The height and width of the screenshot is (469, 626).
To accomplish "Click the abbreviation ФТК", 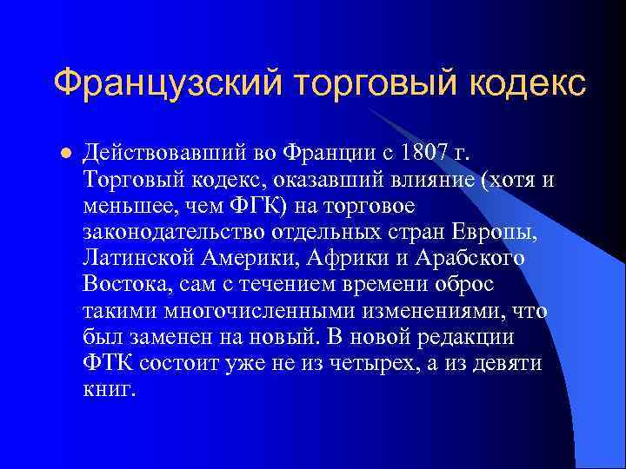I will pos(108,363).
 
